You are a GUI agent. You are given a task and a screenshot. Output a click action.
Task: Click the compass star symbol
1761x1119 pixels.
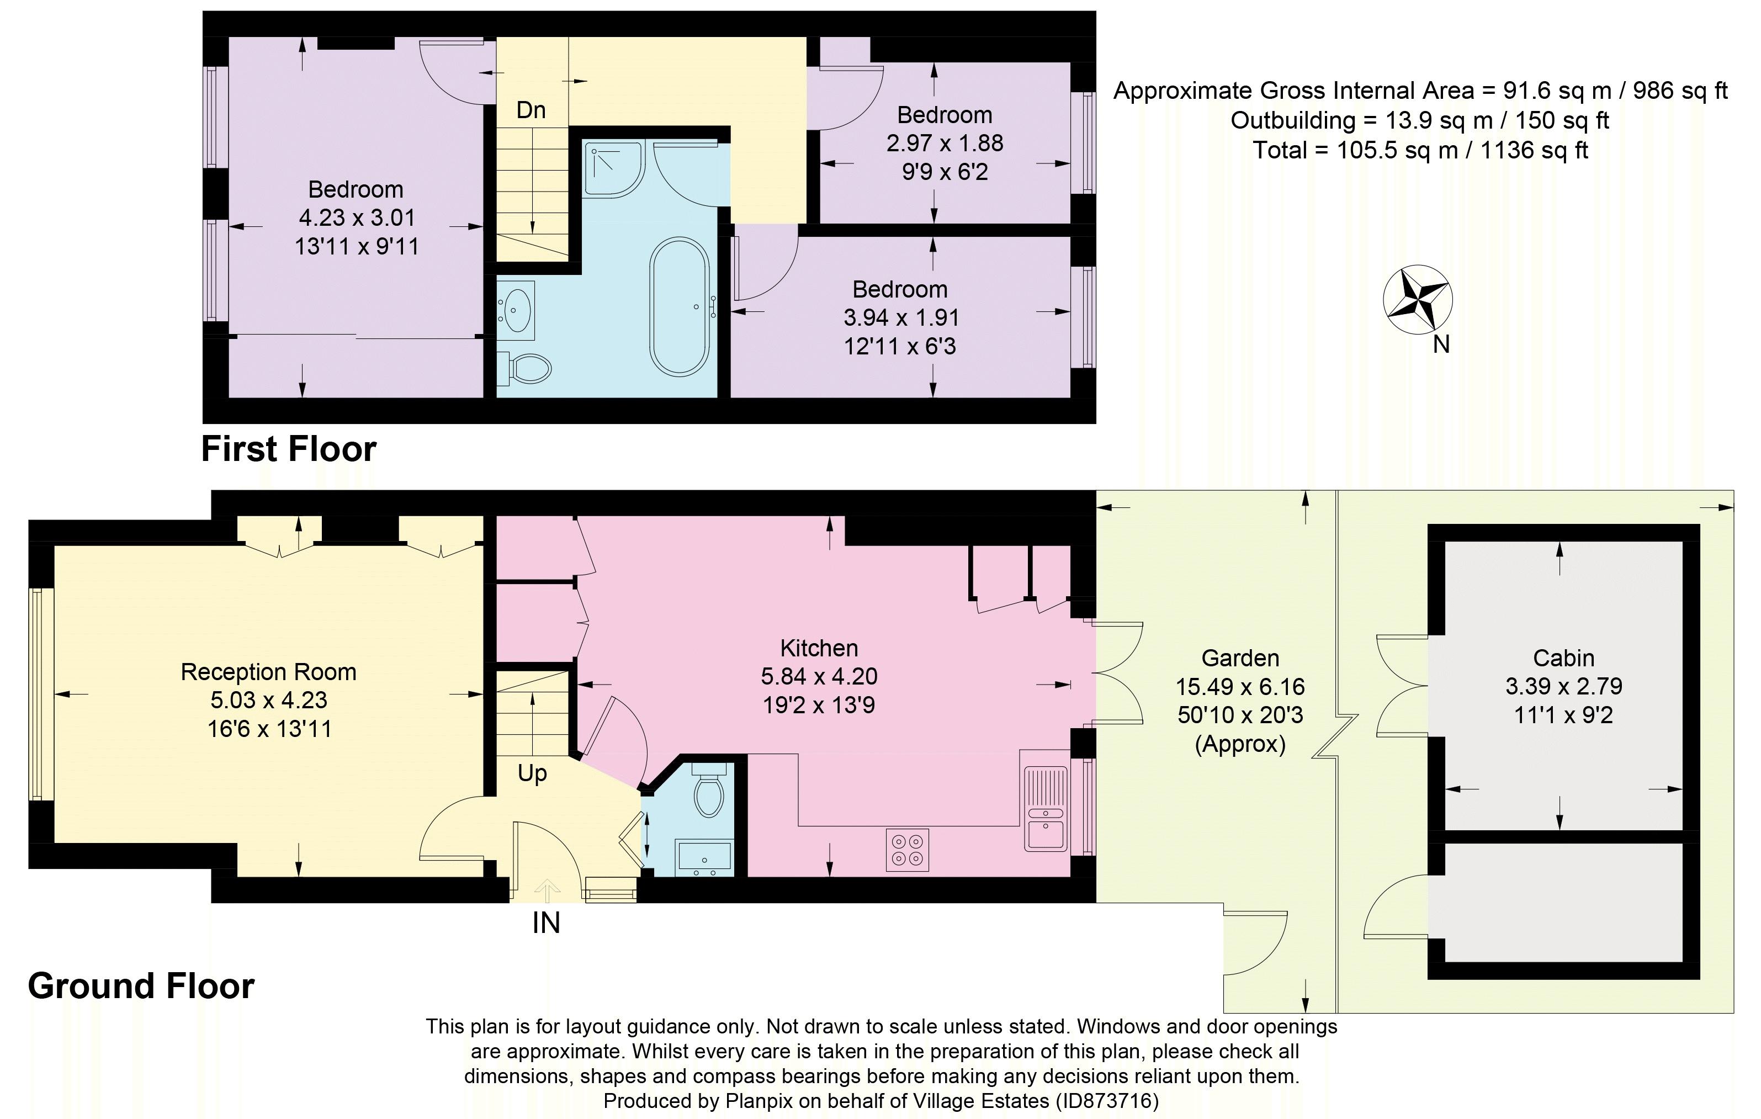click(1417, 300)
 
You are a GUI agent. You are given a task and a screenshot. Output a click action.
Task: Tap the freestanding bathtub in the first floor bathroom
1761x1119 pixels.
click(680, 306)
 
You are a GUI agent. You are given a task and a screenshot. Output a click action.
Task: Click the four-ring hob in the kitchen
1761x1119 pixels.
click(907, 849)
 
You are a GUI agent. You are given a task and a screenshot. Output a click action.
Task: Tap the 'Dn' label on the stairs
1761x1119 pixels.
click(531, 110)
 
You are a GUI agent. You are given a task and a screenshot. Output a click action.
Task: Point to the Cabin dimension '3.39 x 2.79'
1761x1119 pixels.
click(1563, 687)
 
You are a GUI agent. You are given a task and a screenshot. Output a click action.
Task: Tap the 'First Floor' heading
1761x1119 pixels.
click(289, 449)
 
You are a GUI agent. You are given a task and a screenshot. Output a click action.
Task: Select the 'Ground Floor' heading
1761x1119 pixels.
click(141, 987)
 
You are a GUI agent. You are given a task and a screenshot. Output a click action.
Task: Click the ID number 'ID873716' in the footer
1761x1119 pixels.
click(1105, 1101)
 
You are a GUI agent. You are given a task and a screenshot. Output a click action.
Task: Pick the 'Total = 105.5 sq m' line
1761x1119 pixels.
click(1420, 151)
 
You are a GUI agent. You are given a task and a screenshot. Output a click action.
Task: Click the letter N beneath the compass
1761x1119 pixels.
click(1441, 344)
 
